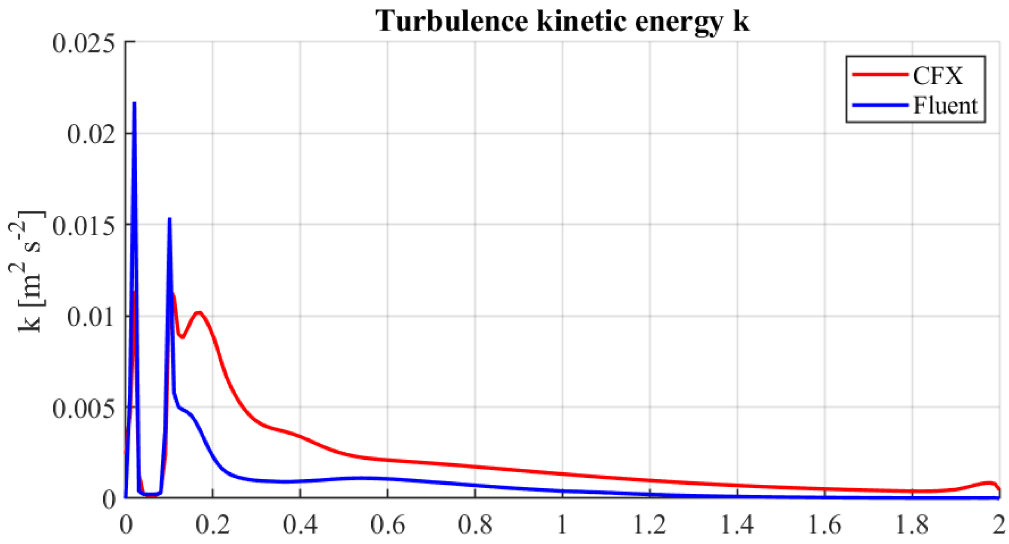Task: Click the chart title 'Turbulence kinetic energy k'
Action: [563, 21]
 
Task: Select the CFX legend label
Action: [937, 76]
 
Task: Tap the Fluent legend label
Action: [945, 106]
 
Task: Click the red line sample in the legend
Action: [880, 75]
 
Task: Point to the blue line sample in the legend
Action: [880, 105]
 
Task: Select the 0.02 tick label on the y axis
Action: [91, 134]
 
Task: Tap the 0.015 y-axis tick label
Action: [84, 226]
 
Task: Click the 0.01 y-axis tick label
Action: [91, 317]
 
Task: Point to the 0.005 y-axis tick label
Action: [84, 408]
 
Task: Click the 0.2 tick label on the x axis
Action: [213, 525]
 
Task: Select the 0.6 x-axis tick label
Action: [388, 525]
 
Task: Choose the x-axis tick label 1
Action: [562, 525]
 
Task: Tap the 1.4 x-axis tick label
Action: [737, 525]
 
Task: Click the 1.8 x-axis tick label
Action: [912, 525]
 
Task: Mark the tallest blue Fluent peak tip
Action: [135, 103]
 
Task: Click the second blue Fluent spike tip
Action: [169, 219]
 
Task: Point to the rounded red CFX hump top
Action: [199, 312]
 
